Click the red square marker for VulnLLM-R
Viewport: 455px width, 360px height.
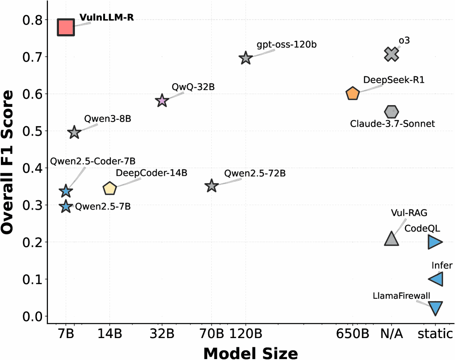(66, 27)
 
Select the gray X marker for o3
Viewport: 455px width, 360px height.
(392, 54)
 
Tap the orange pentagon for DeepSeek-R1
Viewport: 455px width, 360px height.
(353, 94)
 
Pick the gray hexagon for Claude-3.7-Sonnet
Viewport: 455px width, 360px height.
(392, 111)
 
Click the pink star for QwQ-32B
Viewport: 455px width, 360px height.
(162, 101)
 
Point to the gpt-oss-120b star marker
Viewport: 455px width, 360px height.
(246, 58)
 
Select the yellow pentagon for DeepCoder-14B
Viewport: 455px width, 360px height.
(110, 188)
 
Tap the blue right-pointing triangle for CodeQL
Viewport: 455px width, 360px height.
(435, 242)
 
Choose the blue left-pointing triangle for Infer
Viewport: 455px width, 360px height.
(436, 279)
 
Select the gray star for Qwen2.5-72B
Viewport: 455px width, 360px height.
(211, 186)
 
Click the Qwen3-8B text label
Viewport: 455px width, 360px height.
(101, 119)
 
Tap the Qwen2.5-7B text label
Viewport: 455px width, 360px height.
(103, 206)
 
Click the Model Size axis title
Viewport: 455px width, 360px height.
(250, 352)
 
